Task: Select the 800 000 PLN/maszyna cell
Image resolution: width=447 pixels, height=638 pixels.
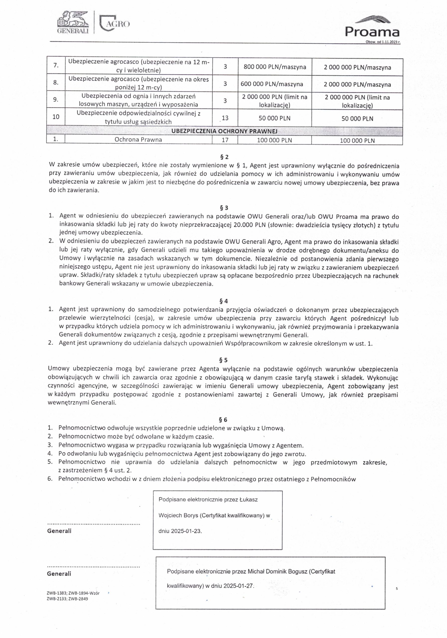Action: click(x=275, y=67)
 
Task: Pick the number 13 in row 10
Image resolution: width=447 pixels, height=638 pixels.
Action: click(x=225, y=118)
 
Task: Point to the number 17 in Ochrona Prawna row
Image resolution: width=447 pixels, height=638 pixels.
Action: click(x=225, y=140)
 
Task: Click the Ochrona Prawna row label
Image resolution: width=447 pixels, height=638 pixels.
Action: click(x=138, y=140)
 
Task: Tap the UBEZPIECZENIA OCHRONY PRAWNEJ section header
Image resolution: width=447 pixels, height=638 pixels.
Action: click(x=224, y=131)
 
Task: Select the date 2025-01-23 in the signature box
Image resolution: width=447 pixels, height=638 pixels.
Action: click(x=186, y=531)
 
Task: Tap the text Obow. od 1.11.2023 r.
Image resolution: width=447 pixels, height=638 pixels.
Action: click(x=383, y=42)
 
